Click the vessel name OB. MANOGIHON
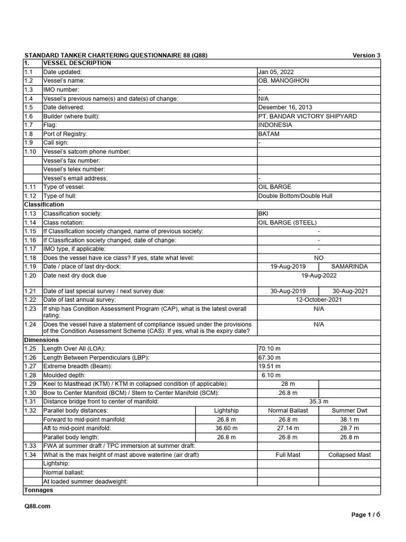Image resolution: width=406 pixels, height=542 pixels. click(283, 80)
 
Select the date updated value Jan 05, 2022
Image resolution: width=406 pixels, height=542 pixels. click(276, 72)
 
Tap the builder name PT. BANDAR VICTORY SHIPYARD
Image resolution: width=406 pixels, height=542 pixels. click(307, 116)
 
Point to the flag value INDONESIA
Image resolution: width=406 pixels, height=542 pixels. click(275, 125)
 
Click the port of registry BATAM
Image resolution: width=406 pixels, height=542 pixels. click(269, 134)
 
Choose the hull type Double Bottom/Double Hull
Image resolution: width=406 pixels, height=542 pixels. click(295, 196)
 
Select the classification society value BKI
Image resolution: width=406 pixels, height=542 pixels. click(263, 213)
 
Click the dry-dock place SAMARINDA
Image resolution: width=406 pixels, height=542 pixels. click(349, 266)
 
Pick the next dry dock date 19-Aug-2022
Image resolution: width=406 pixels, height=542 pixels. click(318, 275)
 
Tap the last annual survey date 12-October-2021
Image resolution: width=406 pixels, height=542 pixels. click(318, 300)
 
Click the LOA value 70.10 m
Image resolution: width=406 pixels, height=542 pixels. click(269, 348)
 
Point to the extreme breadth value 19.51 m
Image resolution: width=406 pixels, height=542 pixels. click(269, 366)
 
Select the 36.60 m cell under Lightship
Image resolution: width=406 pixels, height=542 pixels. click(226, 428)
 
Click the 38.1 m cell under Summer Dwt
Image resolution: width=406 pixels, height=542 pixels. click(349, 419)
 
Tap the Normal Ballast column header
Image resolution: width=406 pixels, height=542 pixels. click(288, 410)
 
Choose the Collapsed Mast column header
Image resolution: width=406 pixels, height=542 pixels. click(349, 455)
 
